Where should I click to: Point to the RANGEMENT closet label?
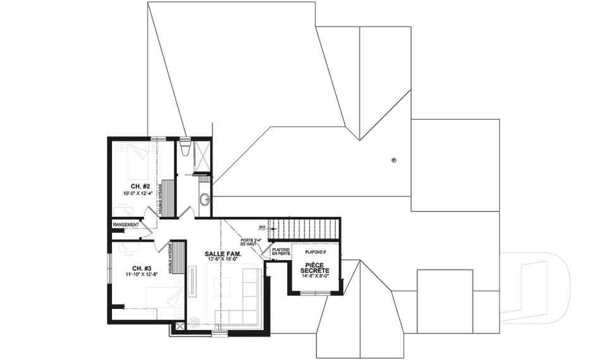click(x=126, y=225)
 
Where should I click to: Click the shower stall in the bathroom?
click(x=202, y=156)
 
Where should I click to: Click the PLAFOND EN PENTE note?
click(x=281, y=251)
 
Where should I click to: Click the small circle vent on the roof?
click(x=394, y=160)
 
